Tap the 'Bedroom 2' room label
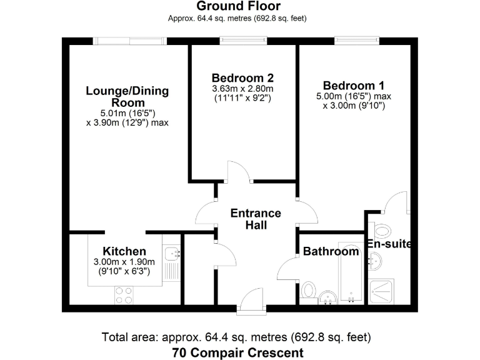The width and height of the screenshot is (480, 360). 242,78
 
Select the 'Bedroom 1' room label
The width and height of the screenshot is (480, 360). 353,86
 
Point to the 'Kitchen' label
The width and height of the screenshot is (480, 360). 124,251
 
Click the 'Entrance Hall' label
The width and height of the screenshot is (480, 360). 256,219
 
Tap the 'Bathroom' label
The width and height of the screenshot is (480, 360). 331,252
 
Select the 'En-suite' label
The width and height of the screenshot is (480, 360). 389,244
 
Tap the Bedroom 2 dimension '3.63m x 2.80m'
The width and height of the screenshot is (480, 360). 242,89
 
